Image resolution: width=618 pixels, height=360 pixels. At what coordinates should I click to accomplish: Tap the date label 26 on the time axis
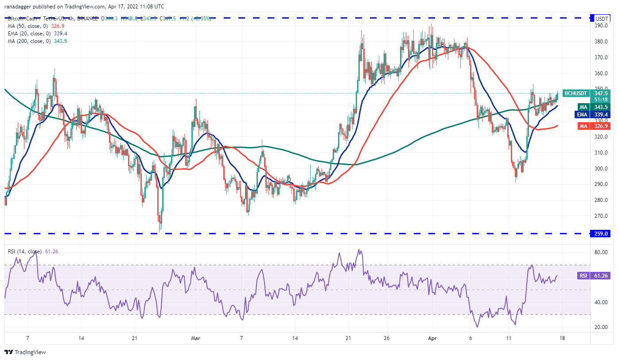[387, 338]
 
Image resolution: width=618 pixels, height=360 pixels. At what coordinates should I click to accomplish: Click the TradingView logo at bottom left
[25, 352]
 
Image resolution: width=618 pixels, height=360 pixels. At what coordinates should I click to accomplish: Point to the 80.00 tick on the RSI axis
[601, 252]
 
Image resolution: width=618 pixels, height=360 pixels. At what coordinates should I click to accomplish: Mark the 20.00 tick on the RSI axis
[601, 327]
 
